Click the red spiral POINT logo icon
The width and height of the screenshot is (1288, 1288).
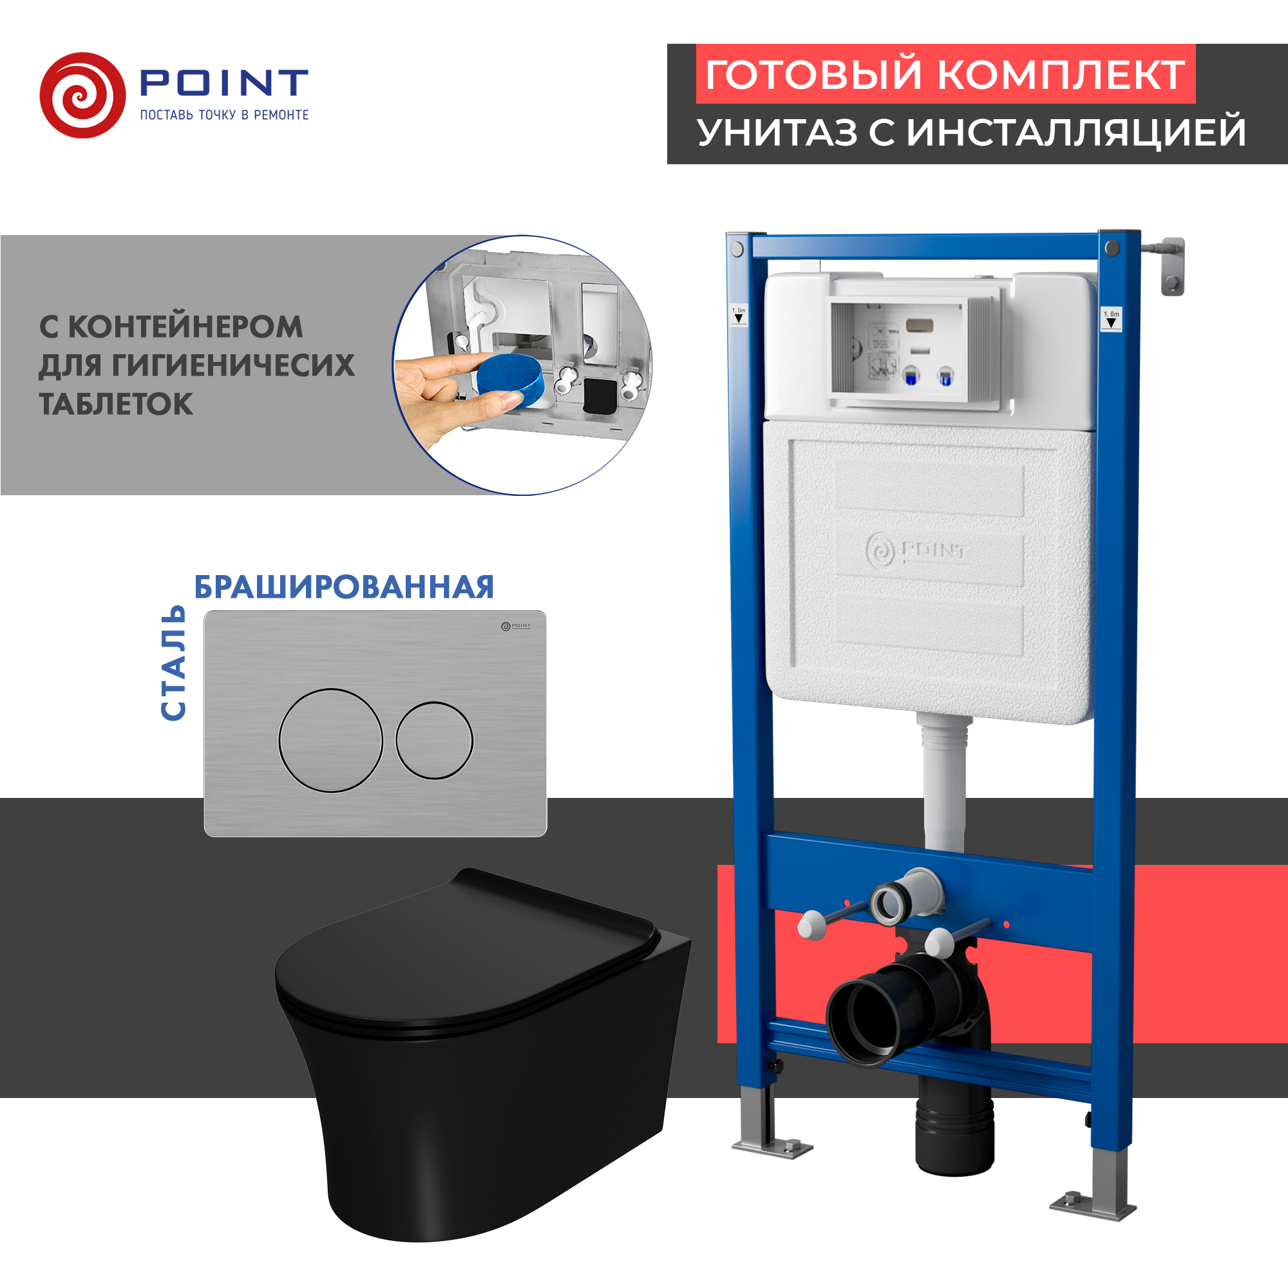click(x=82, y=95)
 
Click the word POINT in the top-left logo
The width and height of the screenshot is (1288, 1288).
click(x=223, y=82)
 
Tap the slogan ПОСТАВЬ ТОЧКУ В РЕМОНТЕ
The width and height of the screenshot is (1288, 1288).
click(x=224, y=115)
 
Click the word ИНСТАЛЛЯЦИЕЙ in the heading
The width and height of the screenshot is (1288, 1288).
click(x=1076, y=132)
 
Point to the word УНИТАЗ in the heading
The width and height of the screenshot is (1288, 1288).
click(x=777, y=132)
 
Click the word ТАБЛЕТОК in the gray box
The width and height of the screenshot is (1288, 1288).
click(x=116, y=404)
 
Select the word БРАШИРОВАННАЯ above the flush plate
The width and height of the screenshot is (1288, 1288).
click(x=344, y=587)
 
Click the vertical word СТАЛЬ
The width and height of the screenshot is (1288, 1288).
click(x=173, y=663)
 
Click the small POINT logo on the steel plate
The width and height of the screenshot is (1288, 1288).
click(x=516, y=626)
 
